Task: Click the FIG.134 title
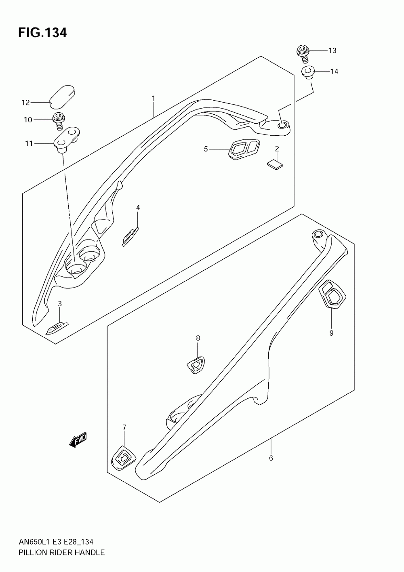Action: click(x=42, y=33)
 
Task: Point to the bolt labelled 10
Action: click(x=59, y=120)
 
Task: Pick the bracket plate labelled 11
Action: click(x=67, y=139)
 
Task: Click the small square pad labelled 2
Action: click(x=275, y=163)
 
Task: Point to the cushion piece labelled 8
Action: click(x=196, y=364)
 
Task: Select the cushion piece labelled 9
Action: click(x=332, y=294)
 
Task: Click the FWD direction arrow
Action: click(x=78, y=441)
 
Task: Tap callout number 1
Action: click(x=154, y=98)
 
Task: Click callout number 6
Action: click(x=271, y=458)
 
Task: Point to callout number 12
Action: click(x=25, y=103)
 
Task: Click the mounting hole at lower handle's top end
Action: click(x=318, y=234)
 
